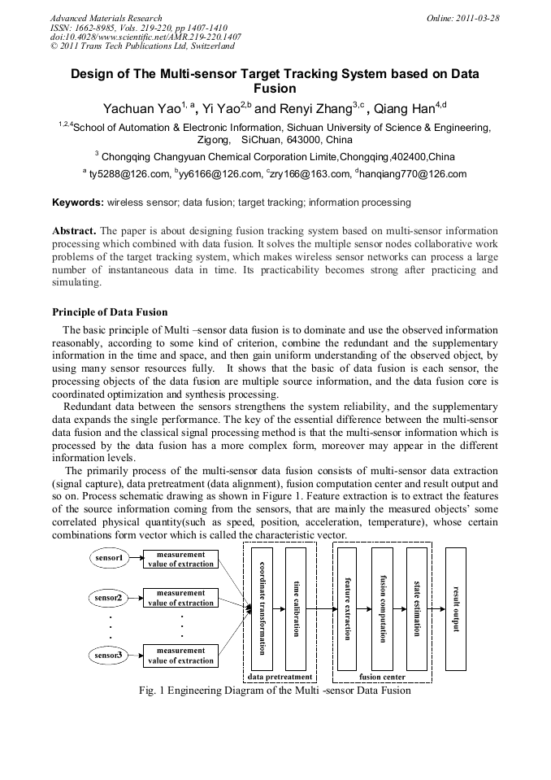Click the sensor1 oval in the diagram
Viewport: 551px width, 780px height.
tap(108, 559)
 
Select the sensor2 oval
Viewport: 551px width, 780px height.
tap(108, 598)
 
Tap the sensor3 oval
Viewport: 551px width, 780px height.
tap(108, 655)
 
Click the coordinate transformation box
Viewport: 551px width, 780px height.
tap(262, 608)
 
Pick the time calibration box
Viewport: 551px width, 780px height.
tap(296, 608)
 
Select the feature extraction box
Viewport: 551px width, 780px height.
tap(348, 608)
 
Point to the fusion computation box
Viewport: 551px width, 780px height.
tap(382, 608)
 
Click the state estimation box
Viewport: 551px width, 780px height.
tap(416, 608)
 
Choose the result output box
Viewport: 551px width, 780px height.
tap(456, 608)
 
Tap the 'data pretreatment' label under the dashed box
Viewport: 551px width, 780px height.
tap(280, 676)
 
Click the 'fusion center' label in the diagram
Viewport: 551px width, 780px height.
tap(382, 676)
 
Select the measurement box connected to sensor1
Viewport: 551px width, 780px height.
tap(180, 559)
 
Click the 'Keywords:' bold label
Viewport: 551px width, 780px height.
tap(77, 202)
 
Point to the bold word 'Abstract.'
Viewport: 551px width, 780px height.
tap(74, 230)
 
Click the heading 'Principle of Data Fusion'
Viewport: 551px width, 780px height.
tap(109, 312)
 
